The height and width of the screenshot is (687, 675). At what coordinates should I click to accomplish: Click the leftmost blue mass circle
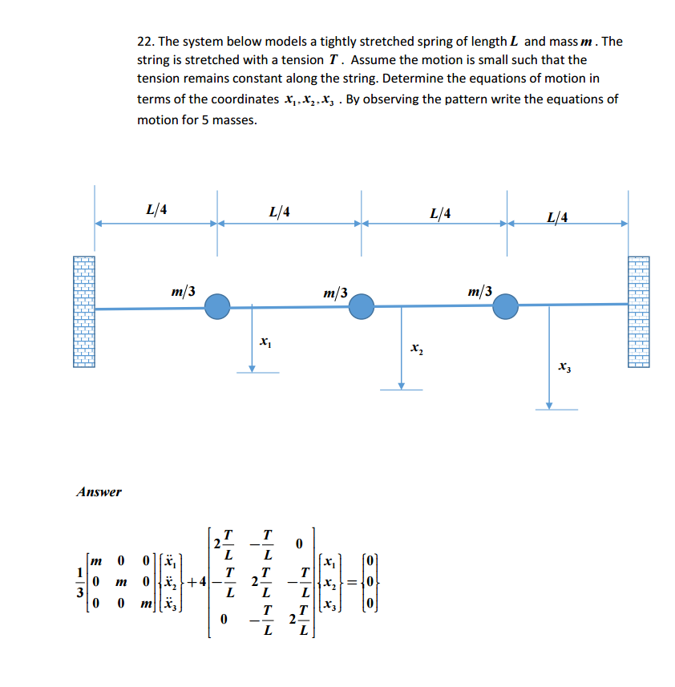click(x=217, y=306)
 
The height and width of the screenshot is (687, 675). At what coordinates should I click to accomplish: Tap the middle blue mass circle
click(x=362, y=305)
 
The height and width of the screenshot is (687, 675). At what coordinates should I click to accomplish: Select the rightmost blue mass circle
click(x=505, y=305)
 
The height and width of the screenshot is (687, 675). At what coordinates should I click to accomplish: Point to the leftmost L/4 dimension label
click(x=157, y=210)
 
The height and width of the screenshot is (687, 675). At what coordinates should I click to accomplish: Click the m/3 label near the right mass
click(x=480, y=290)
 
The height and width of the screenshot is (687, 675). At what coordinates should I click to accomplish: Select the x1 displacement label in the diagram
click(x=265, y=342)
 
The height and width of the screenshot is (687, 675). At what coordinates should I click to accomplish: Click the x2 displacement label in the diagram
click(x=415, y=349)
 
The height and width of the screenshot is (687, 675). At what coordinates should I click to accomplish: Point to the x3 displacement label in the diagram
click(x=564, y=367)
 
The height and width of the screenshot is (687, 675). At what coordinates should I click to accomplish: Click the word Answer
click(x=99, y=491)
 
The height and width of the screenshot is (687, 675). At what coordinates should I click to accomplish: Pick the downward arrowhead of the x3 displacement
click(x=549, y=405)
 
